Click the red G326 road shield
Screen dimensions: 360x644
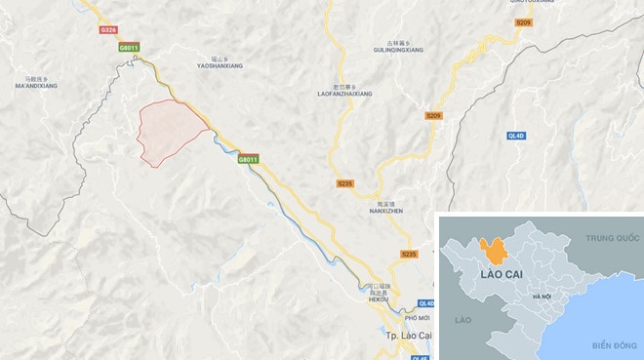tap(109, 30)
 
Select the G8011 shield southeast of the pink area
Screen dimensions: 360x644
tap(249, 159)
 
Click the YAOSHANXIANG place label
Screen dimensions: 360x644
tap(220, 64)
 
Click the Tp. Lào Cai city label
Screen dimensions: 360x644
tap(395, 337)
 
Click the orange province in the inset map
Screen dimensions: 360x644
tap(497, 251)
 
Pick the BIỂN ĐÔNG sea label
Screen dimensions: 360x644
tap(613, 344)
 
